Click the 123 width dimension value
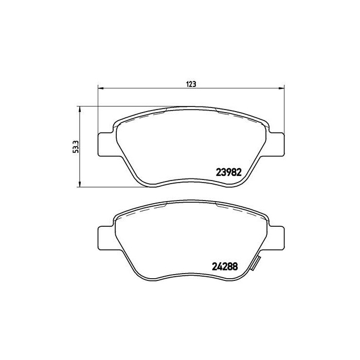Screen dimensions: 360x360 [191, 84]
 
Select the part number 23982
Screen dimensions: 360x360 [227, 173]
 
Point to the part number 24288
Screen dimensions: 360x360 [227, 266]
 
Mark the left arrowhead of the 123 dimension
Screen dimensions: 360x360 [100, 88]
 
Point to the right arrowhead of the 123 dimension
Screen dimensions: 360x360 [281, 88]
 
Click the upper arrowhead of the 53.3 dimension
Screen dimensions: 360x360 [79, 110]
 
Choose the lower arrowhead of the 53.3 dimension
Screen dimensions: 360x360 [79, 184]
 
